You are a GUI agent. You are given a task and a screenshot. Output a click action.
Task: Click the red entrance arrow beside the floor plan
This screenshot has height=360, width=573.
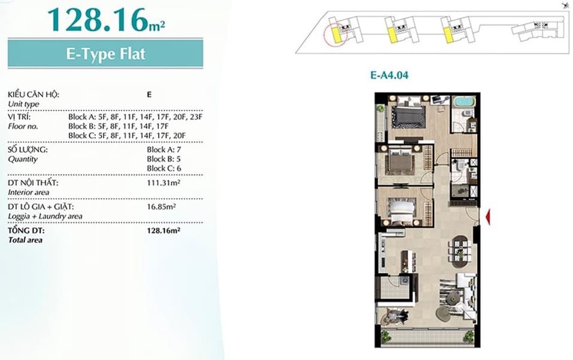pyautogui.click(x=488, y=217)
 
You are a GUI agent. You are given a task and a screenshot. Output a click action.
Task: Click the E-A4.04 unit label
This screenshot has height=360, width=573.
pyautogui.click(x=389, y=75)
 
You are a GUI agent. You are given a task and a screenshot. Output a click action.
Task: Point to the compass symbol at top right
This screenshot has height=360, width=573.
pyautogui.click(x=566, y=5)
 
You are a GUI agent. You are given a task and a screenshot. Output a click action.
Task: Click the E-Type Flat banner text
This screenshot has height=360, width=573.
pyautogui.click(x=105, y=54)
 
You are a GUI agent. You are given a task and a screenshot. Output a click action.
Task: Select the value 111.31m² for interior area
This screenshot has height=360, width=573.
pyautogui.click(x=163, y=182)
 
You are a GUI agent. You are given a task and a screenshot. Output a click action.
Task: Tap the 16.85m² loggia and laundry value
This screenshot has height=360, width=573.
pyautogui.click(x=161, y=207)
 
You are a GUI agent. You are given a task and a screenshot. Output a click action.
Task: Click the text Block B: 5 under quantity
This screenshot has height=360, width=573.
pyautogui.click(x=163, y=159)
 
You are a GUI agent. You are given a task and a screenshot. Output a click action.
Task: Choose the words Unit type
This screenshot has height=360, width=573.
pyautogui.click(x=23, y=104)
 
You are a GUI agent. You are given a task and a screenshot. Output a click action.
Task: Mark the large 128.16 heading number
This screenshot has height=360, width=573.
pyautogui.click(x=98, y=20)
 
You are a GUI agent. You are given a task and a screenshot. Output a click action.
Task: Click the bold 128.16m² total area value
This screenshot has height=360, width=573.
pyautogui.click(x=163, y=231)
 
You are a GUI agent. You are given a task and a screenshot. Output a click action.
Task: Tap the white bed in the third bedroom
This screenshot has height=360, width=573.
pyautogui.click(x=401, y=211)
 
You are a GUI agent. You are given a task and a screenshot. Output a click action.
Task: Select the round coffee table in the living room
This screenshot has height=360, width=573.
pyautogui.click(x=443, y=312)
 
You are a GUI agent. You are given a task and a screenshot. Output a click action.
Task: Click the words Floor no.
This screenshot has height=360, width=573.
pyautogui.click(x=23, y=126)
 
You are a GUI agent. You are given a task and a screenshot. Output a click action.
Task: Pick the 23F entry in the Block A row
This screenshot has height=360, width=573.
pyautogui.click(x=196, y=117)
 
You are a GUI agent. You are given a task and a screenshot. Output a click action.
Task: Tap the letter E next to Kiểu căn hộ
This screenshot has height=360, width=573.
pyautogui.click(x=149, y=95)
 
